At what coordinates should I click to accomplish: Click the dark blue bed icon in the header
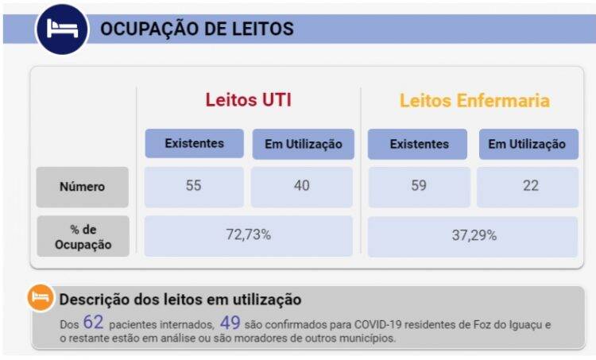click(x=61, y=29)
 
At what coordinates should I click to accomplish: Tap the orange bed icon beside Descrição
click(x=41, y=298)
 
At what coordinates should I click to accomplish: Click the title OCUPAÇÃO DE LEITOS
click(x=196, y=29)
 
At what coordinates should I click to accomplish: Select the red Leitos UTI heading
click(x=248, y=101)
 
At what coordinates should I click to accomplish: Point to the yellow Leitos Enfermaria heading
click(x=474, y=101)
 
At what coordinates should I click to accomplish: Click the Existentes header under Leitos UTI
click(x=194, y=144)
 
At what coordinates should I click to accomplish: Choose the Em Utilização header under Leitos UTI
click(x=303, y=144)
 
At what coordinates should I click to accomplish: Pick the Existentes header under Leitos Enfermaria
click(x=419, y=144)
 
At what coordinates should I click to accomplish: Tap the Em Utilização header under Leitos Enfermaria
click(x=527, y=144)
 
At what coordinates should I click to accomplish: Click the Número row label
click(x=82, y=187)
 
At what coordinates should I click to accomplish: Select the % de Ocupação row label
click(x=82, y=236)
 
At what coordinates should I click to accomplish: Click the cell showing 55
click(x=194, y=186)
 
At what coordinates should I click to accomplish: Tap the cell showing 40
click(x=302, y=186)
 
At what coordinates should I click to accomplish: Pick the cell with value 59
click(x=419, y=186)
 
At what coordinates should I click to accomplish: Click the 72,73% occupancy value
click(x=248, y=234)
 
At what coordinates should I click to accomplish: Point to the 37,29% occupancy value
click(x=474, y=234)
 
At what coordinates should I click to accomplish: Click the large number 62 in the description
click(x=93, y=323)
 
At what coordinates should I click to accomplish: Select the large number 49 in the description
click(x=230, y=323)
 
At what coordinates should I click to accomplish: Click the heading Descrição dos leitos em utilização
click(x=180, y=300)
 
